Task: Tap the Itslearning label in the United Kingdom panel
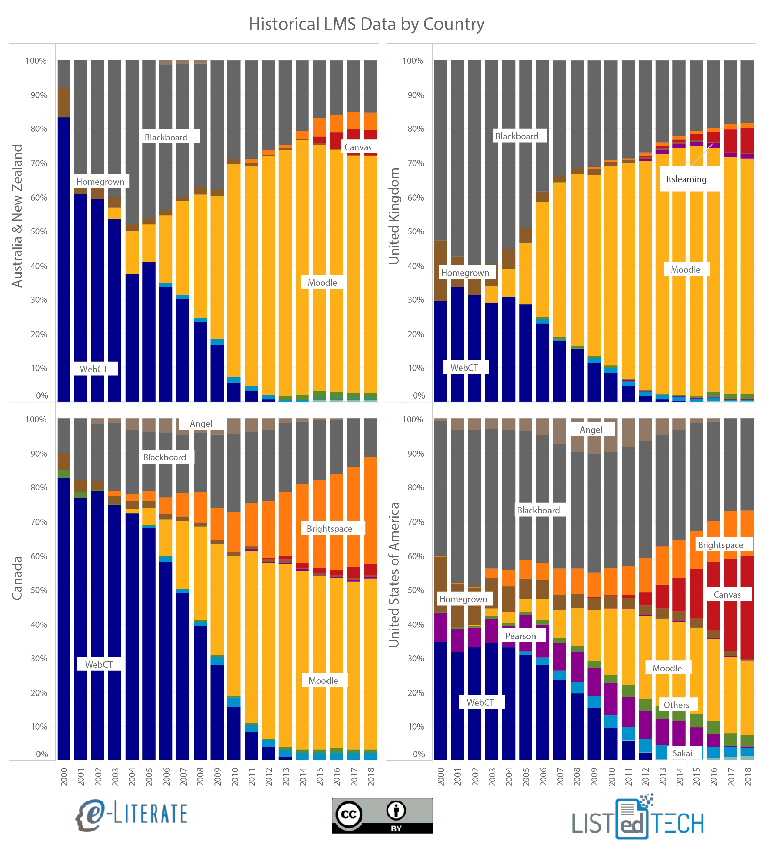686,179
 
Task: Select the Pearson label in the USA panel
520,636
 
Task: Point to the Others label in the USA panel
676,705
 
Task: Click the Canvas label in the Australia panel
358,147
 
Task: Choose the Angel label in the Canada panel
201,424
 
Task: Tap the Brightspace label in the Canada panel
329,529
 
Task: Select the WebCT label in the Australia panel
94,369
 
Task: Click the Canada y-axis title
17,578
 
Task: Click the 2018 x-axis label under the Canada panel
371,777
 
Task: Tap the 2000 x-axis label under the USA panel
441,777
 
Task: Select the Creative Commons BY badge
382,816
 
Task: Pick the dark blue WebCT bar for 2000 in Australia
64,259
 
